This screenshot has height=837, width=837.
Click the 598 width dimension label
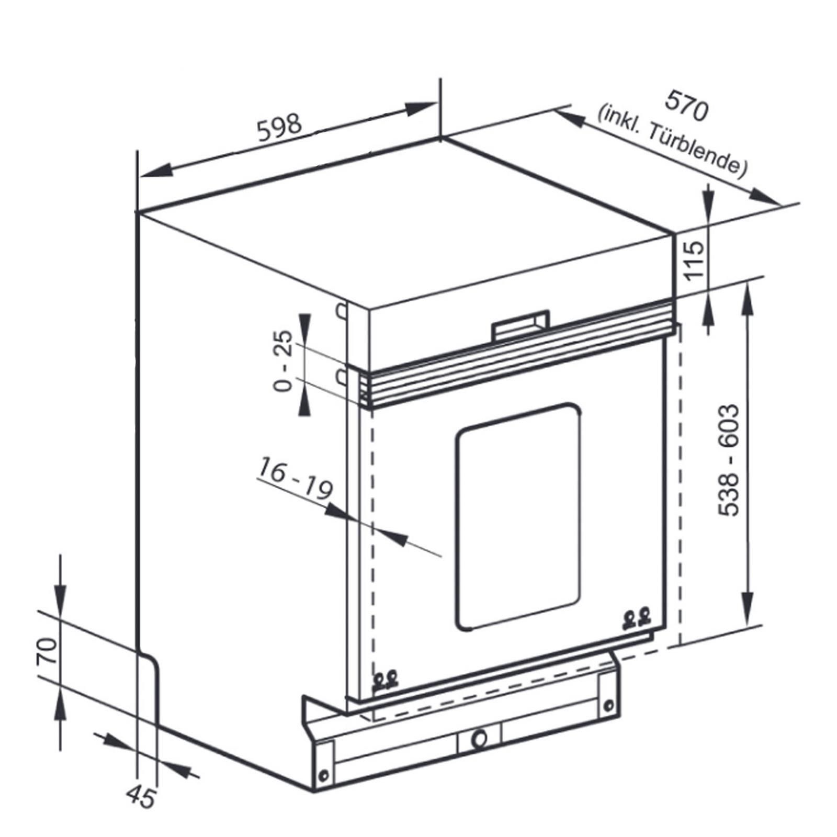click(x=280, y=128)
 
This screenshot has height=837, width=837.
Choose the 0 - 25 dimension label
click(x=284, y=360)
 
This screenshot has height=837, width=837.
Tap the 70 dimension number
click(x=47, y=651)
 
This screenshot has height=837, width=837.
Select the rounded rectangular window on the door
click(x=518, y=515)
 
